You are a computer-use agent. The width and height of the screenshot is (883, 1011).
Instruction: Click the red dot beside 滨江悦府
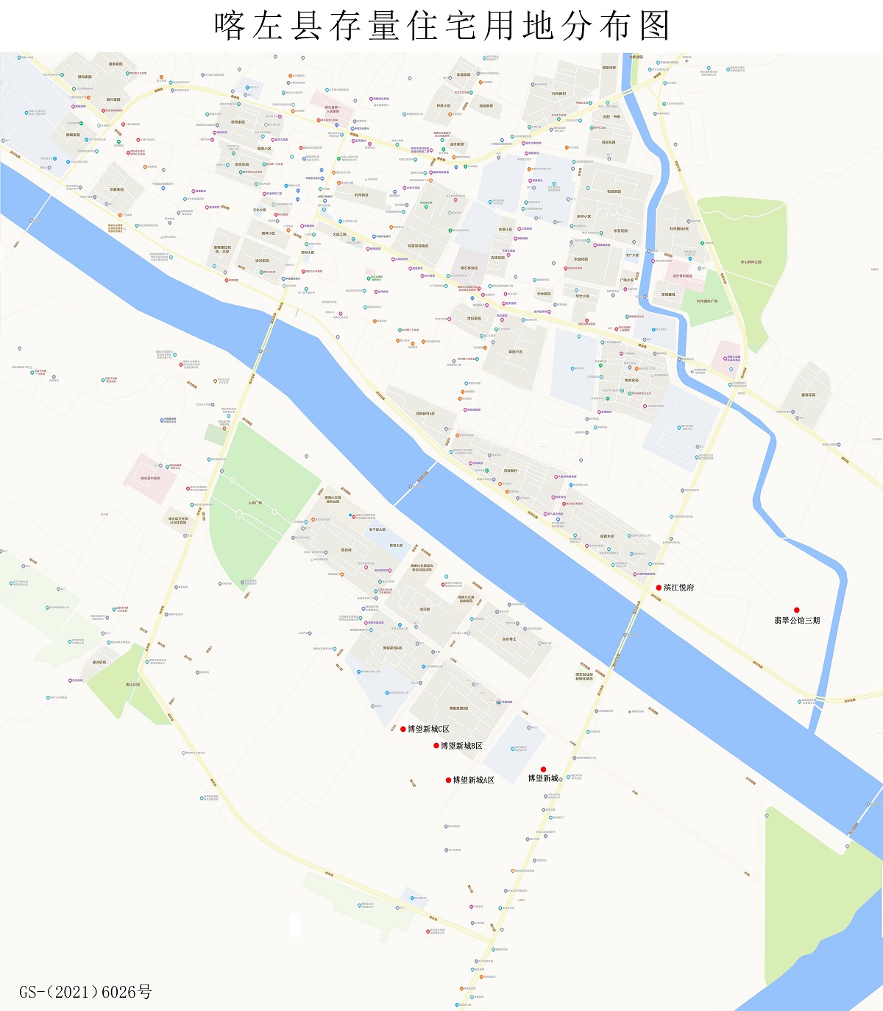click(659, 588)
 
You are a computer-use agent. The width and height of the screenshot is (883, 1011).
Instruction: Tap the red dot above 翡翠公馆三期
click(796, 610)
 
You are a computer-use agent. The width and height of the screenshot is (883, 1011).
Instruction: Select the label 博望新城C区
click(428, 729)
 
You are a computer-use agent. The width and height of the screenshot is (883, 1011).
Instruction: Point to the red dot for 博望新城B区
click(436, 746)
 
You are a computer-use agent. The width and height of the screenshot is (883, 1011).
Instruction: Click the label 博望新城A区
click(473, 780)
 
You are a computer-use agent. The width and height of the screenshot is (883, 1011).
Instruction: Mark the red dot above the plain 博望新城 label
click(543, 769)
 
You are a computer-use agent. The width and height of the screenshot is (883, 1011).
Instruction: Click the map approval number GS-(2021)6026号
click(85, 992)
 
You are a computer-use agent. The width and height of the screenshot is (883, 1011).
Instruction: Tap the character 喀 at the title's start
click(230, 27)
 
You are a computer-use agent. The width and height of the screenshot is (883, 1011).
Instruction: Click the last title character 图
click(654, 27)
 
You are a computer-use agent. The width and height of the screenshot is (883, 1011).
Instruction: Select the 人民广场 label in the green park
click(255, 503)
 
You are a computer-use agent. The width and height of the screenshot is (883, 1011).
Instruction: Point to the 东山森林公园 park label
click(751, 261)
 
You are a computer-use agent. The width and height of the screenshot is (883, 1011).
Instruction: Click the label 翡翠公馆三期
click(797, 621)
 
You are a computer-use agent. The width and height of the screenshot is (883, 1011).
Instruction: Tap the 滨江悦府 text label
click(678, 588)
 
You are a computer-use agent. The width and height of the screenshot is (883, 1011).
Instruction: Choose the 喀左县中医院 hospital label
click(150, 478)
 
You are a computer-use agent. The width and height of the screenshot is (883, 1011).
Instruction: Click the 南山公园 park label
click(132, 685)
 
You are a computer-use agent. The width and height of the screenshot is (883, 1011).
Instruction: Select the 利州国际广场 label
click(707, 300)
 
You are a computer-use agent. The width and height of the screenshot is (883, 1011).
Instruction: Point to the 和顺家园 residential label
click(614, 191)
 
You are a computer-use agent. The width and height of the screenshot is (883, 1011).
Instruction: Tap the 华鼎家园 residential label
click(117, 189)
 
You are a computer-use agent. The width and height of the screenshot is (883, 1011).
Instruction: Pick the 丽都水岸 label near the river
click(607, 536)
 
